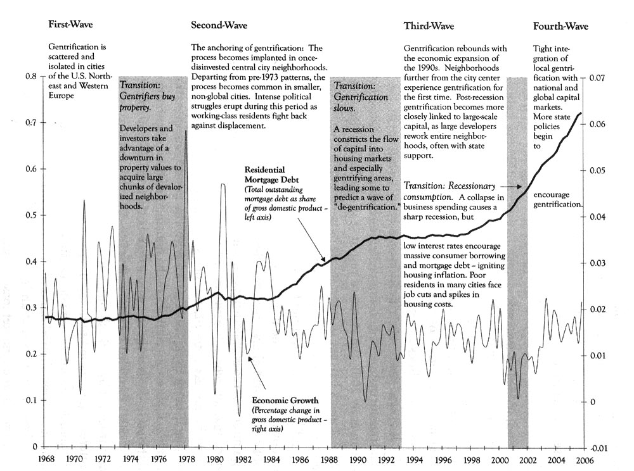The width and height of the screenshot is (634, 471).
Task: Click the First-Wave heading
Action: click(x=70, y=26)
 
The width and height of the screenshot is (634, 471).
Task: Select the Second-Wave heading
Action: click(x=219, y=26)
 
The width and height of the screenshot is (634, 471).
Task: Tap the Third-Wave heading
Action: click(x=429, y=26)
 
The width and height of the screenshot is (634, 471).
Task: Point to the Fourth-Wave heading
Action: click(x=560, y=27)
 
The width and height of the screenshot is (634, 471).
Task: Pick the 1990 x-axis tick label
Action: click(x=358, y=458)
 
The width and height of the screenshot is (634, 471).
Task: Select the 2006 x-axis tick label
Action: click(x=585, y=458)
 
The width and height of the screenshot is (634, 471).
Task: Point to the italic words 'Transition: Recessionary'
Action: click(x=449, y=187)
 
